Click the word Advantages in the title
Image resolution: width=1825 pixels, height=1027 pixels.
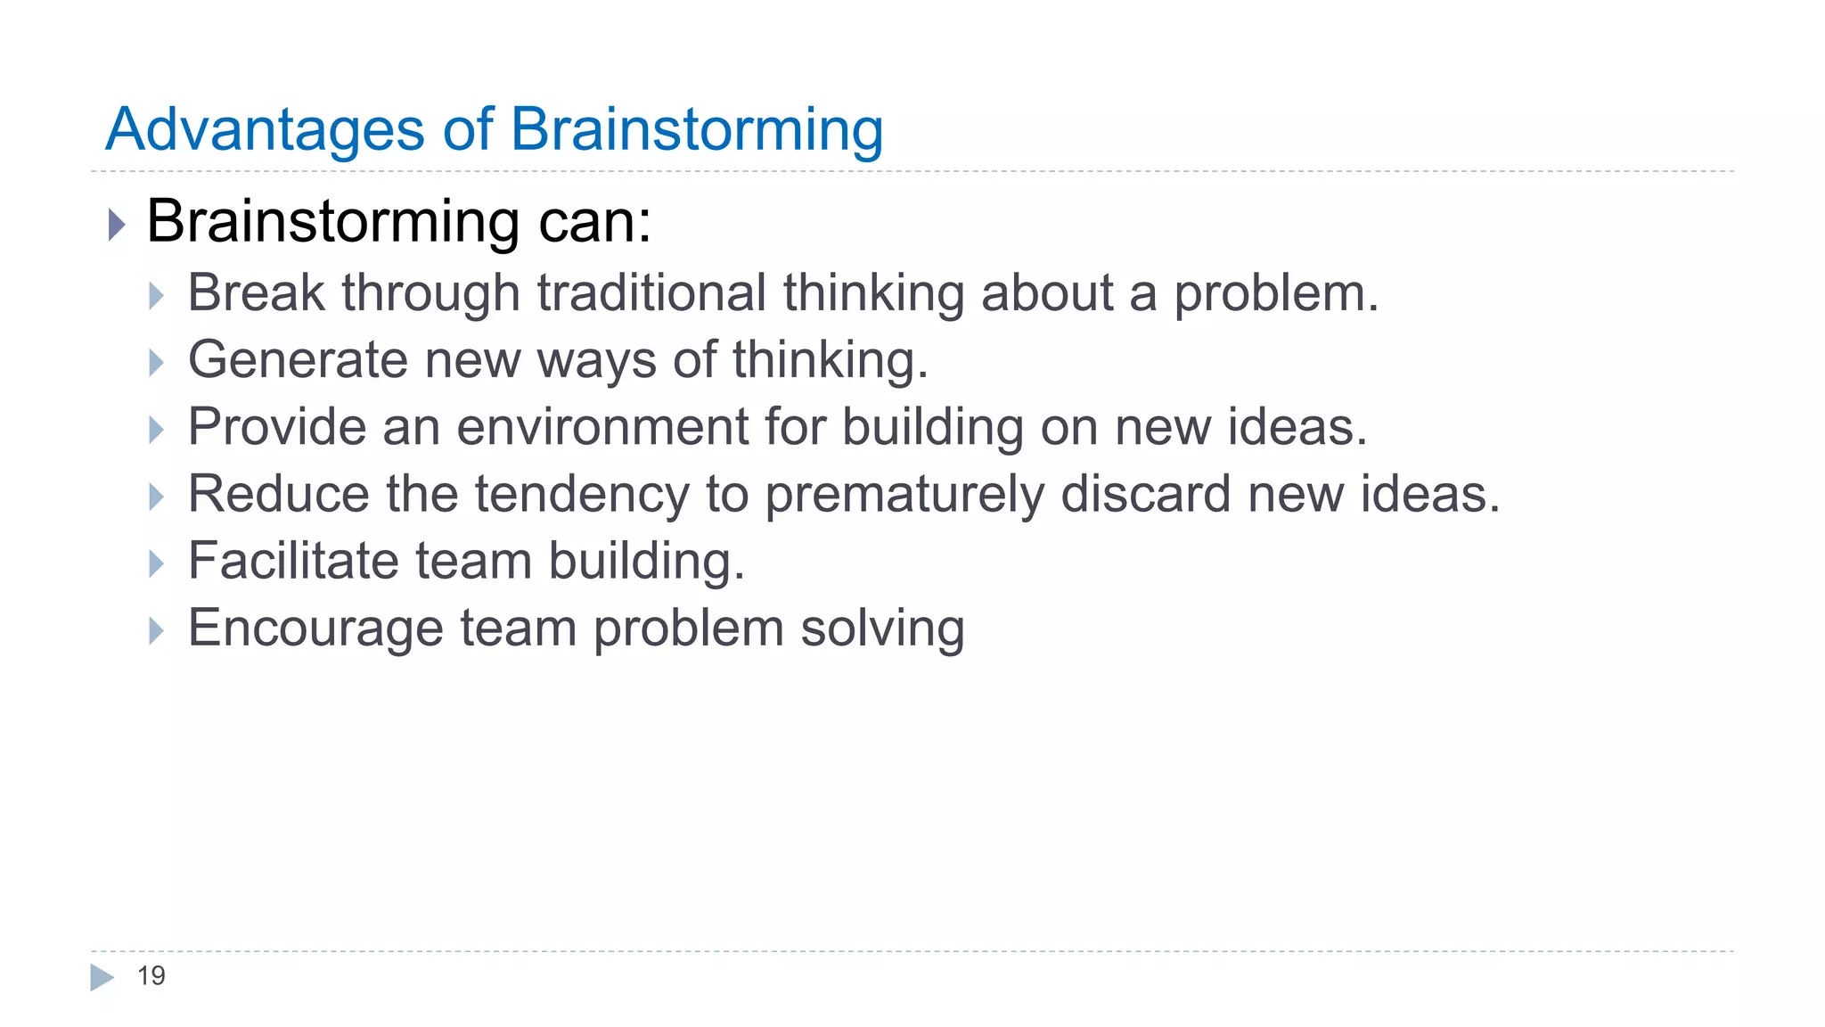pyautogui.click(x=265, y=130)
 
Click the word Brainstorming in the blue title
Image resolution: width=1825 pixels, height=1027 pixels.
pyautogui.click(x=697, y=130)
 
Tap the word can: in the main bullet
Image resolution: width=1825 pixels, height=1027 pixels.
pyautogui.click(x=594, y=221)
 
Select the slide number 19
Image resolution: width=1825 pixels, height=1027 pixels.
pyautogui.click(x=151, y=976)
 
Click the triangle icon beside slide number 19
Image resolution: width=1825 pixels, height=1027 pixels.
pyautogui.click(x=102, y=977)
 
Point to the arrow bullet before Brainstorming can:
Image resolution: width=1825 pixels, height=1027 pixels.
pyautogui.click(x=117, y=225)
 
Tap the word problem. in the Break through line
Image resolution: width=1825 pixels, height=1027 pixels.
pyautogui.click(x=1276, y=293)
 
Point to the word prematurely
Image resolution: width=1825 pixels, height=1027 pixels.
pyautogui.click(x=904, y=494)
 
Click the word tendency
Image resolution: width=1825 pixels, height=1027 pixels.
pyautogui.click(x=582, y=494)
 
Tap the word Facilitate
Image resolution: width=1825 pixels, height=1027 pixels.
pyautogui.click(x=293, y=561)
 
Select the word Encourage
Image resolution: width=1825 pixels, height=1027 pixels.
pyautogui.click(x=315, y=629)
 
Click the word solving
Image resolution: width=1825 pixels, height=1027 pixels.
pyautogui.click(x=882, y=629)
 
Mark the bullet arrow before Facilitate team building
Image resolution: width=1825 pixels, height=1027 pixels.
pyautogui.click(x=157, y=563)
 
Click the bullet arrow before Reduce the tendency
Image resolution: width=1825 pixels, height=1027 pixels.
pyautogui.click(x=157, y=497)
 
